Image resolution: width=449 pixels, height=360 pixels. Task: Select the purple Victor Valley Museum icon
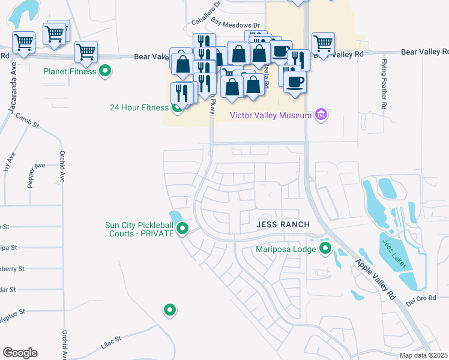click(321, 115)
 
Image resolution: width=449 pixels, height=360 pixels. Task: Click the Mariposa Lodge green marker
click(325, 248)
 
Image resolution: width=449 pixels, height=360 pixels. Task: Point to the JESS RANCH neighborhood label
click(283, 224)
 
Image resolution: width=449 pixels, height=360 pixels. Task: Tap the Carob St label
click(27, 121)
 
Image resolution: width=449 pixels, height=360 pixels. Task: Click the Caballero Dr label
click(206, 13)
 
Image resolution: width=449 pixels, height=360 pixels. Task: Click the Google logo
click(20, 352)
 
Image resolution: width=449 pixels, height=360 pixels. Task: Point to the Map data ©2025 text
click(424, 355)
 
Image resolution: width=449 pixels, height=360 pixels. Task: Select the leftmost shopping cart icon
click(23, 42)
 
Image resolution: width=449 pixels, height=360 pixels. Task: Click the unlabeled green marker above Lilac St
click(170, 310)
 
